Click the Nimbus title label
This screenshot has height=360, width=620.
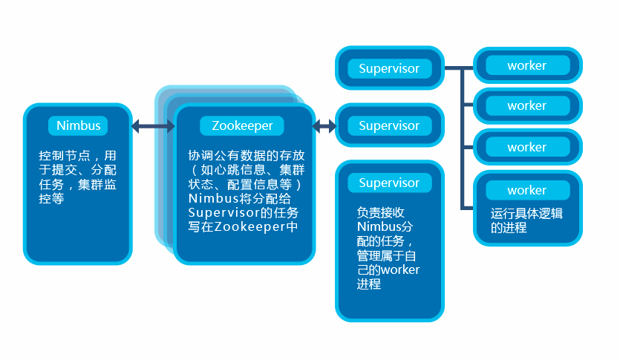pyautogui.click(x=78, y=125)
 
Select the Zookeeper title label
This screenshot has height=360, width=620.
pyautogui.click(x=242, y=125)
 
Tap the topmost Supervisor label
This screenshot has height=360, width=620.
pyautogui.click(x=389, y=68)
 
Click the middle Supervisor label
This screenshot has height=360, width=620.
pyautogui.click(x=389, y=125)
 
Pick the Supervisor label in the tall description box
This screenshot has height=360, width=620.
pyautogui.click(x=389, y=183)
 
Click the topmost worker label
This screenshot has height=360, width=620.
pyautogui.click(x=526, y=65)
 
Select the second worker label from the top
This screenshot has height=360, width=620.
pyautogui.click(x=526, y=105)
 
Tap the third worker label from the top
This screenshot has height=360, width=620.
pyautogui.click(x=526, y=147)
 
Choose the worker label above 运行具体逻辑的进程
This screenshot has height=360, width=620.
pyautogui.click(x=526, y=190)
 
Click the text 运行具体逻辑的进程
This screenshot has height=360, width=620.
pyautogui.click(x=526, y=220)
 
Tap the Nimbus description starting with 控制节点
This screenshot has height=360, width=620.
pyautogui.click(x=78, y=178)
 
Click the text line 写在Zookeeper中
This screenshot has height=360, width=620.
pyautogui.click(x=242, y=227)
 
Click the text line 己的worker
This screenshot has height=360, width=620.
pyautogui.click(x=388, y=269)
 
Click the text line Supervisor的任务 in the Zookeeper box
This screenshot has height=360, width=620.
pyautogui.click(x=242, y=213)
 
